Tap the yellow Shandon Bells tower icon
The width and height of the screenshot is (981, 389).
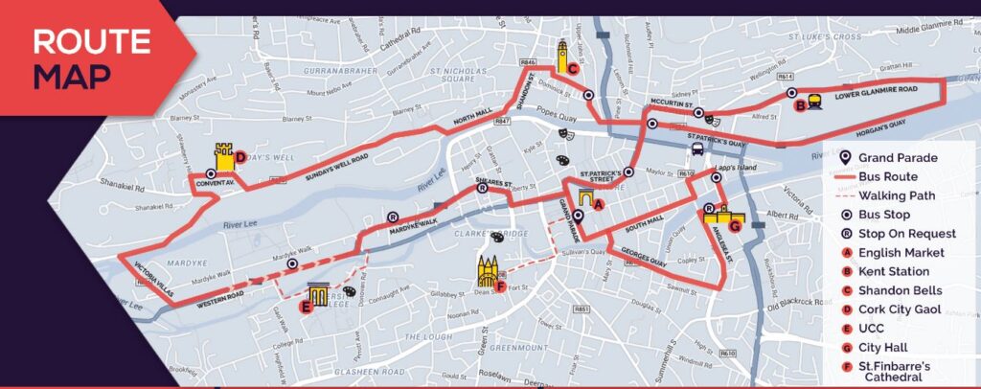pyautogui.click(x=562, y=53)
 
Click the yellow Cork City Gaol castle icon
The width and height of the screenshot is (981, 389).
pyautogui.click(x=224, y=156)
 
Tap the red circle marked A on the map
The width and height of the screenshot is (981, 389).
pyautogui.click(x=599, y=204)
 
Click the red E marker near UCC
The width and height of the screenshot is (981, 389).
pyautogui.click(x=306, y=307)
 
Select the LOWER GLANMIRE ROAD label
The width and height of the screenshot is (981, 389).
pyautogui.click(x=876, y=89)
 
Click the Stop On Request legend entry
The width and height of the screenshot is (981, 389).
pyautogui.click(x=906, y=234)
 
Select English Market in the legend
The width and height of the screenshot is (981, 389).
pyautogui.click(x=901, y=253)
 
